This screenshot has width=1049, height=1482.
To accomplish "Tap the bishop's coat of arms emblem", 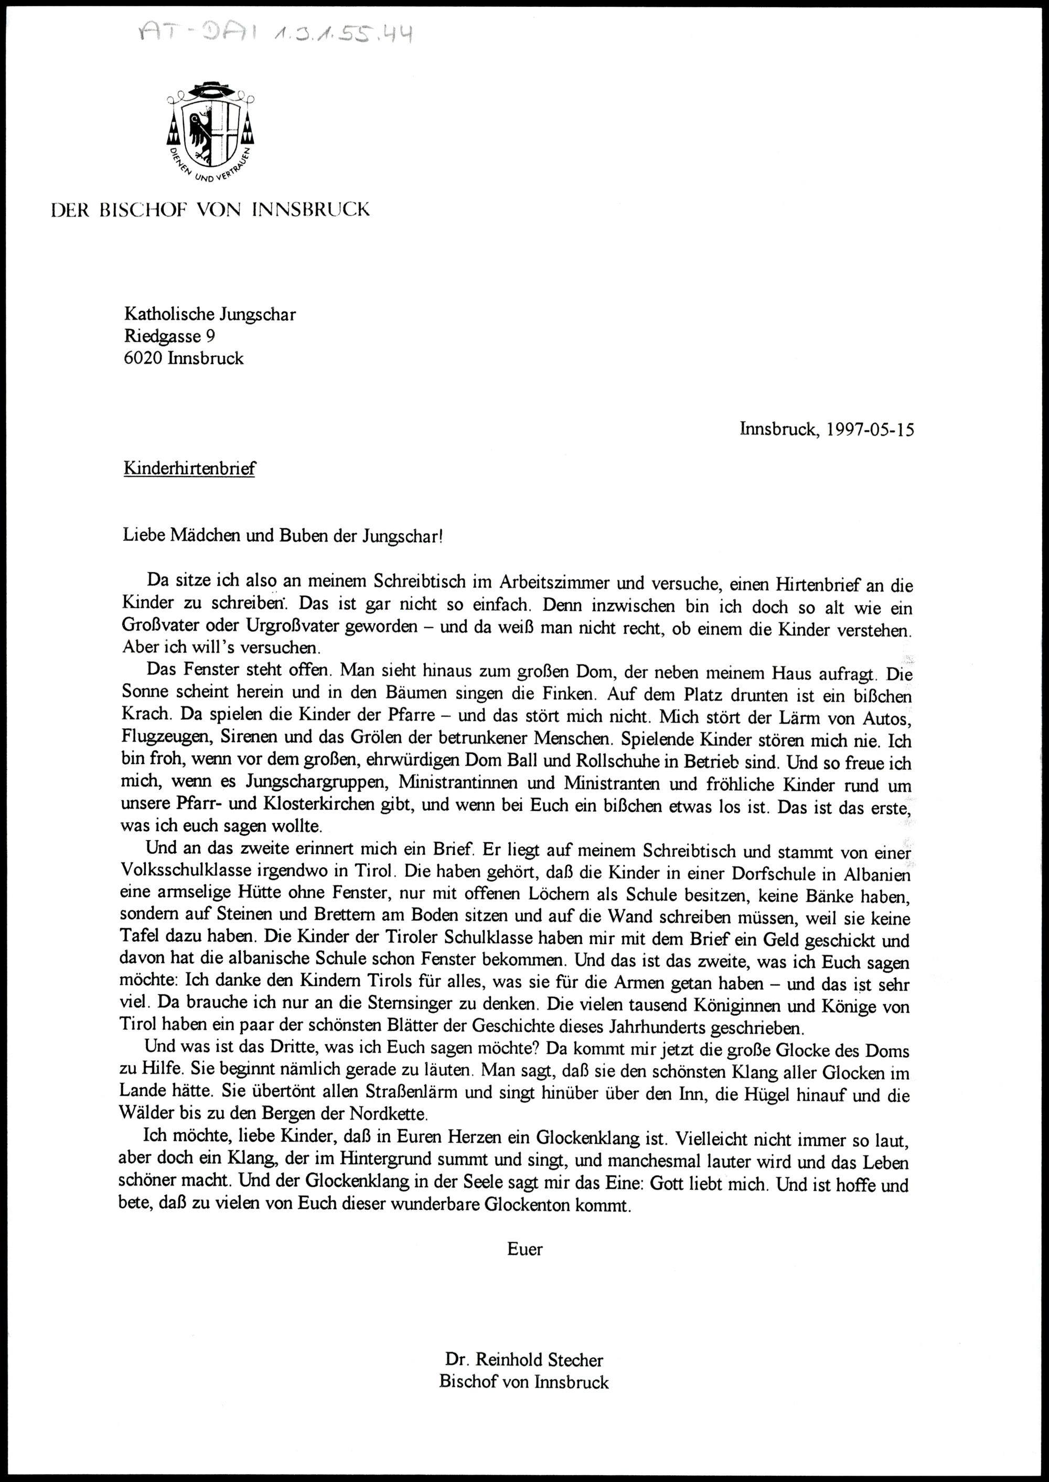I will [x=210, y=132].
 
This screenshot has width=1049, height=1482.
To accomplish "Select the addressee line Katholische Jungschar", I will [x=210, y=315].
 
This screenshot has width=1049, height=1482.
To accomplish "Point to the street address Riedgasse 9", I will [x=169, y=337].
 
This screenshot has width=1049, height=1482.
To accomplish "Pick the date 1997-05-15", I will [x=870, y=430].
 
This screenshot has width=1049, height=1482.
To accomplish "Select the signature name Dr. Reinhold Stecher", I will [x=524, y=1357].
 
